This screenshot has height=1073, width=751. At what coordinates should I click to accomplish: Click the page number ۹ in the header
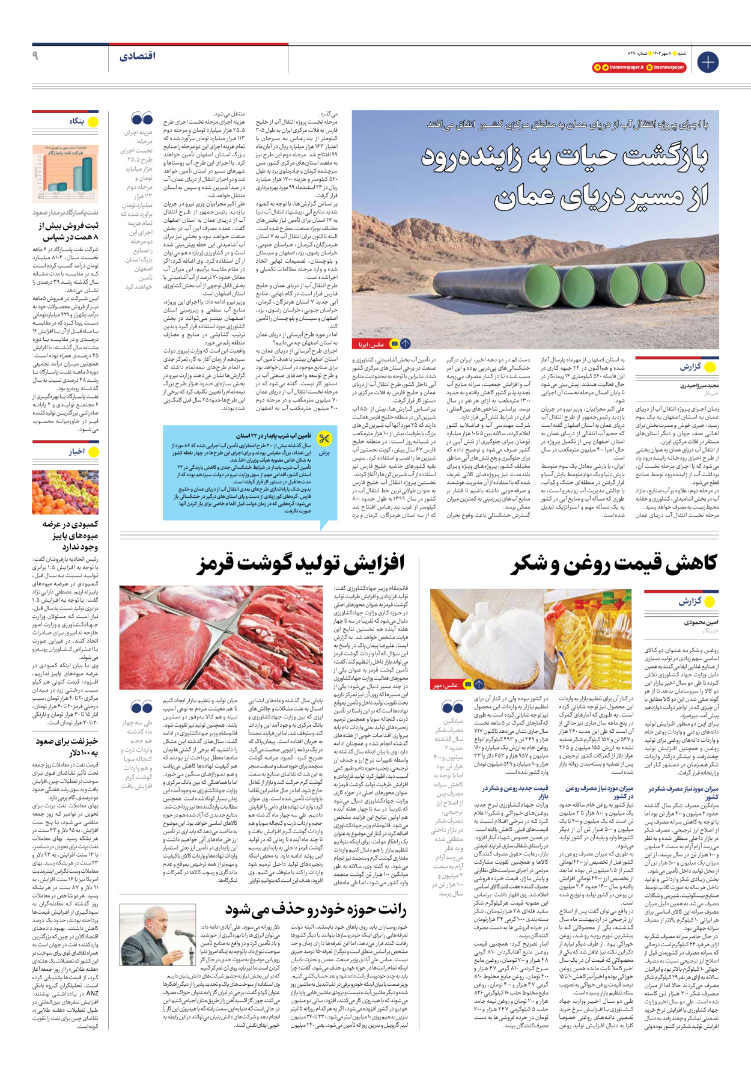(35, 56)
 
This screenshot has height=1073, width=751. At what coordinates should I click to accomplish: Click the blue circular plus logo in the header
(708, 62)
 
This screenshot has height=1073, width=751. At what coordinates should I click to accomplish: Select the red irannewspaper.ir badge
(618, 67)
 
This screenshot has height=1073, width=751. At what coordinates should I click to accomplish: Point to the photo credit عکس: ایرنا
(369, 344)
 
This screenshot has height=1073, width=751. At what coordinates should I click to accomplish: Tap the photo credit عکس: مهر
(446, 685)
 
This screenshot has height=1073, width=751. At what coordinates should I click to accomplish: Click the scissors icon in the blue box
(324, 439)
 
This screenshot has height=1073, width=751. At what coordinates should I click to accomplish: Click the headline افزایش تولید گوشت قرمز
(300, 563)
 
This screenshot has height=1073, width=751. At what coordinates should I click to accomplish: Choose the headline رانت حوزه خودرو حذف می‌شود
(316, 909)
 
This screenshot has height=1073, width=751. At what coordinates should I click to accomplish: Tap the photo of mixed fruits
(65, 492)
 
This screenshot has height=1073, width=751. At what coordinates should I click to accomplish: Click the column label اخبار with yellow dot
(77, 451)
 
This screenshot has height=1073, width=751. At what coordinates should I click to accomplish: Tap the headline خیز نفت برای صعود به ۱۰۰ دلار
(67, 747)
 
